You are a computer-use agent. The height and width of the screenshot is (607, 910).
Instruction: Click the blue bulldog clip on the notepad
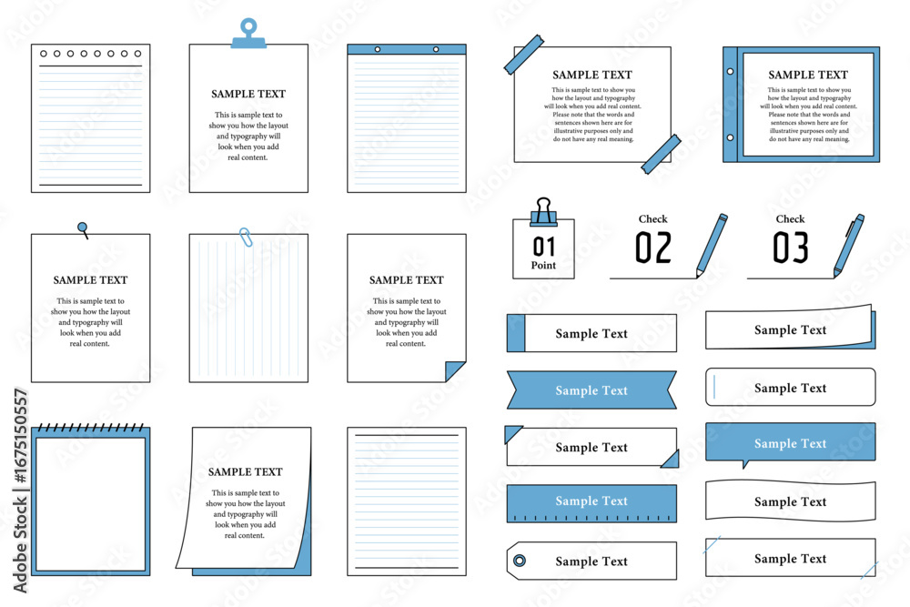point(249,34)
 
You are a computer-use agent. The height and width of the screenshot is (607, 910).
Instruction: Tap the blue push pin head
point(83,227)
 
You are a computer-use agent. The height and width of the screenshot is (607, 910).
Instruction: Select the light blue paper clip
point(246,237)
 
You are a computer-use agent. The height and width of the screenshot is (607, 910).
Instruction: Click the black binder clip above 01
point(543,212)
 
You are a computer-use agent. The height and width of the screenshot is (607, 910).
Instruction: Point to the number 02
point(653,248)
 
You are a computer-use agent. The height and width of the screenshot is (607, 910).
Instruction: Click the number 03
point(791,248)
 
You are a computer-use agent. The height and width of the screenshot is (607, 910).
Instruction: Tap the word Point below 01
point(543,265)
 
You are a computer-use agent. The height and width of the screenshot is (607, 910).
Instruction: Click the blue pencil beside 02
point(712,246)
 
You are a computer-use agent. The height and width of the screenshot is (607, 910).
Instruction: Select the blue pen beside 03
point(849,246)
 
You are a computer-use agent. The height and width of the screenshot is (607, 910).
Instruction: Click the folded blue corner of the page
point(453,370)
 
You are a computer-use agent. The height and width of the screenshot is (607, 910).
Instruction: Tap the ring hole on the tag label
point(520,561)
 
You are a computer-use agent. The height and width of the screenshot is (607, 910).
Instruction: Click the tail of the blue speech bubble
point(745,464)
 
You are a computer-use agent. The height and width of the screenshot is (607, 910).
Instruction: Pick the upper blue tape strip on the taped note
point(523,55)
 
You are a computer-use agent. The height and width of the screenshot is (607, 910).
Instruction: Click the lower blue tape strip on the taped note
point(661,155)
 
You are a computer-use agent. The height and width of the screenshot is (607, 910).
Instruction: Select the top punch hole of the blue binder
point(730,71)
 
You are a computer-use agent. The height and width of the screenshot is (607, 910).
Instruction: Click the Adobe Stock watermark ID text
point(20,491)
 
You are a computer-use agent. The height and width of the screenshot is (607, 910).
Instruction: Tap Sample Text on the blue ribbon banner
point(591,390)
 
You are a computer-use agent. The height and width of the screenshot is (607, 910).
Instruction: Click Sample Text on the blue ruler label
point(591,501)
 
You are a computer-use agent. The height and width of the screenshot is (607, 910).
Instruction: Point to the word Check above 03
point(791,218)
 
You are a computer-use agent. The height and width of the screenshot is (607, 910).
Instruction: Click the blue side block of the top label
point(516,333)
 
